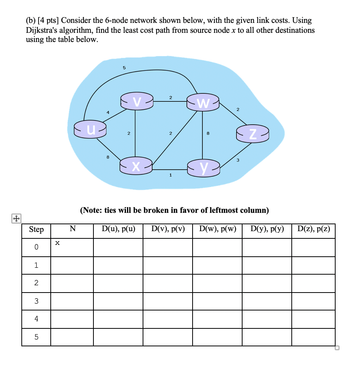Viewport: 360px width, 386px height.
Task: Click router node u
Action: (90, 128)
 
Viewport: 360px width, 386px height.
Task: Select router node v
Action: (137, 101)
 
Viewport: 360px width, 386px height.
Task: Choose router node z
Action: (253, 133)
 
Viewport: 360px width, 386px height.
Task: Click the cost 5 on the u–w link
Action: (124, 68)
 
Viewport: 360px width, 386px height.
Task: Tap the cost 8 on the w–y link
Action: (208, 133)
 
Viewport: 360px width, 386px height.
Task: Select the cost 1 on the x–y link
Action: (170, 175)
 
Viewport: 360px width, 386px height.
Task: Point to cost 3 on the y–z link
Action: (238, 160)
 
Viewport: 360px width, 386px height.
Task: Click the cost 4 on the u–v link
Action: (108, 113)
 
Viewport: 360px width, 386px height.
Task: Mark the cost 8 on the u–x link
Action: (108, 156)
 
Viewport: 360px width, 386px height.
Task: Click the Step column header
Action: (36, 230)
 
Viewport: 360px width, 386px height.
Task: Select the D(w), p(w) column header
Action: (217, 230)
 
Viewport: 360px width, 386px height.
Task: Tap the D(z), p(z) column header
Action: (313, 230)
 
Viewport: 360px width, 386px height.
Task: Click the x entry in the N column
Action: (57, 243)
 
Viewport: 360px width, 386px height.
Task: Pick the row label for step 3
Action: (36, 301)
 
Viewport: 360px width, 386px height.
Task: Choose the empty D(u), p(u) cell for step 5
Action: (118, 337)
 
